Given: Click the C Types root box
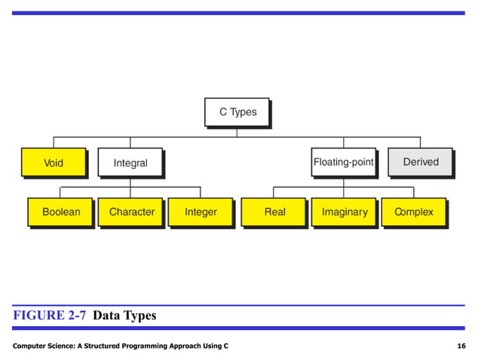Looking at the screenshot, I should (237, 112).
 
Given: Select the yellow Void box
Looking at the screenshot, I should (54, 162).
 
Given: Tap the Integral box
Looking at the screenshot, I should (130, 163).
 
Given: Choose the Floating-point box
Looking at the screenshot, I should (343, 162).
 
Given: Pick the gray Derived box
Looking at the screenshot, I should (421, 162).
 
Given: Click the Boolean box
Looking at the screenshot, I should (60, 212).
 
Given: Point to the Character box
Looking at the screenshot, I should (131, 212).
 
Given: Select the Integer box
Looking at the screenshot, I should (201, 212).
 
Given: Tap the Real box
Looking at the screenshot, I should (274, 212).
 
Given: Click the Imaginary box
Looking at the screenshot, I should (344, 212).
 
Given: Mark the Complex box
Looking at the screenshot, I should (414, 212).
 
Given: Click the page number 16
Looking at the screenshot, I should (461, 345).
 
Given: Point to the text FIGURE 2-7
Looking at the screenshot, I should (50, 316).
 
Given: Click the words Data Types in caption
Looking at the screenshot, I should (124, 316).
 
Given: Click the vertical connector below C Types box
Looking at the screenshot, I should (237, 132).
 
